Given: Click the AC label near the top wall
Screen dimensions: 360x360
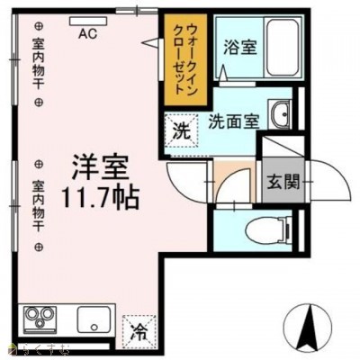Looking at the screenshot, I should tap(87, 34).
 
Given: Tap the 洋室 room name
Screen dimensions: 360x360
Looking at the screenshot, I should tap(100, 168).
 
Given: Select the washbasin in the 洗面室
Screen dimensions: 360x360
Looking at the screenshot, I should tap(281, 115).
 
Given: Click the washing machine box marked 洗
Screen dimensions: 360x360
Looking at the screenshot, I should tap(182, 129).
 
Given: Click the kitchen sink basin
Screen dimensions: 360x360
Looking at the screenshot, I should tap(93, 319).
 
